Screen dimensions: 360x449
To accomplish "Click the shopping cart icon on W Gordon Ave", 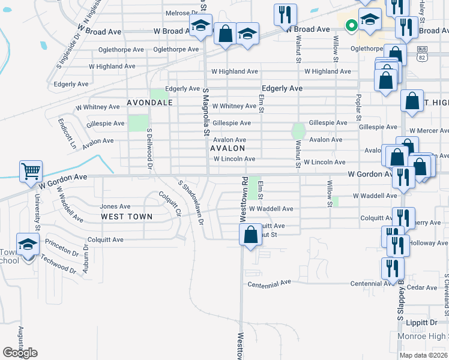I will [31, 171].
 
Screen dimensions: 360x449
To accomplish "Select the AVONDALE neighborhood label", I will [150, 103].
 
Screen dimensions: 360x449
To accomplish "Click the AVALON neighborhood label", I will [228, 148].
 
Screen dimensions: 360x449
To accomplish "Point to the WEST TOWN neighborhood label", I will [126, 217].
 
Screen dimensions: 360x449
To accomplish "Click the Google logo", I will [20, 353].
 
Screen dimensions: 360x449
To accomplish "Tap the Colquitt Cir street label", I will [169, 203].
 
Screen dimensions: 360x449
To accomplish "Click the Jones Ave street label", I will [115, 206].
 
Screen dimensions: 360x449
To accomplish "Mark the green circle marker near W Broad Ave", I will [351, 26].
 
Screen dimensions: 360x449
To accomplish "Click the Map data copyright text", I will [423, 355].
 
